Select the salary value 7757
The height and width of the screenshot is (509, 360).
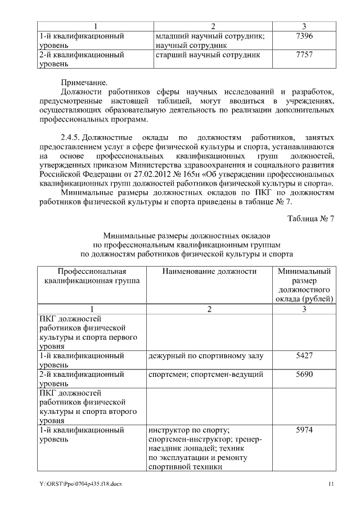(x=304, y=56)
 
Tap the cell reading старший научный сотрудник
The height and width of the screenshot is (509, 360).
(x=208, y=56)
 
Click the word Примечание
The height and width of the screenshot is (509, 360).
(x=83, y=83)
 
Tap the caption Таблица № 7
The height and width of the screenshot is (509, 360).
(x=311, y=218)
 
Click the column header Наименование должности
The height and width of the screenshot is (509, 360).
(x=209, y=271)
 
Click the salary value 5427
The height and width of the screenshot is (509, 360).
(x=304, y=356)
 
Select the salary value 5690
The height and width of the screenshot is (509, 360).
(x=304, y=375)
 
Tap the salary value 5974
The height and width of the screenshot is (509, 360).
(x=304, y=431)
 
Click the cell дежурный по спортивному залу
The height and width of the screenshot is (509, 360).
(x=205, y=356)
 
